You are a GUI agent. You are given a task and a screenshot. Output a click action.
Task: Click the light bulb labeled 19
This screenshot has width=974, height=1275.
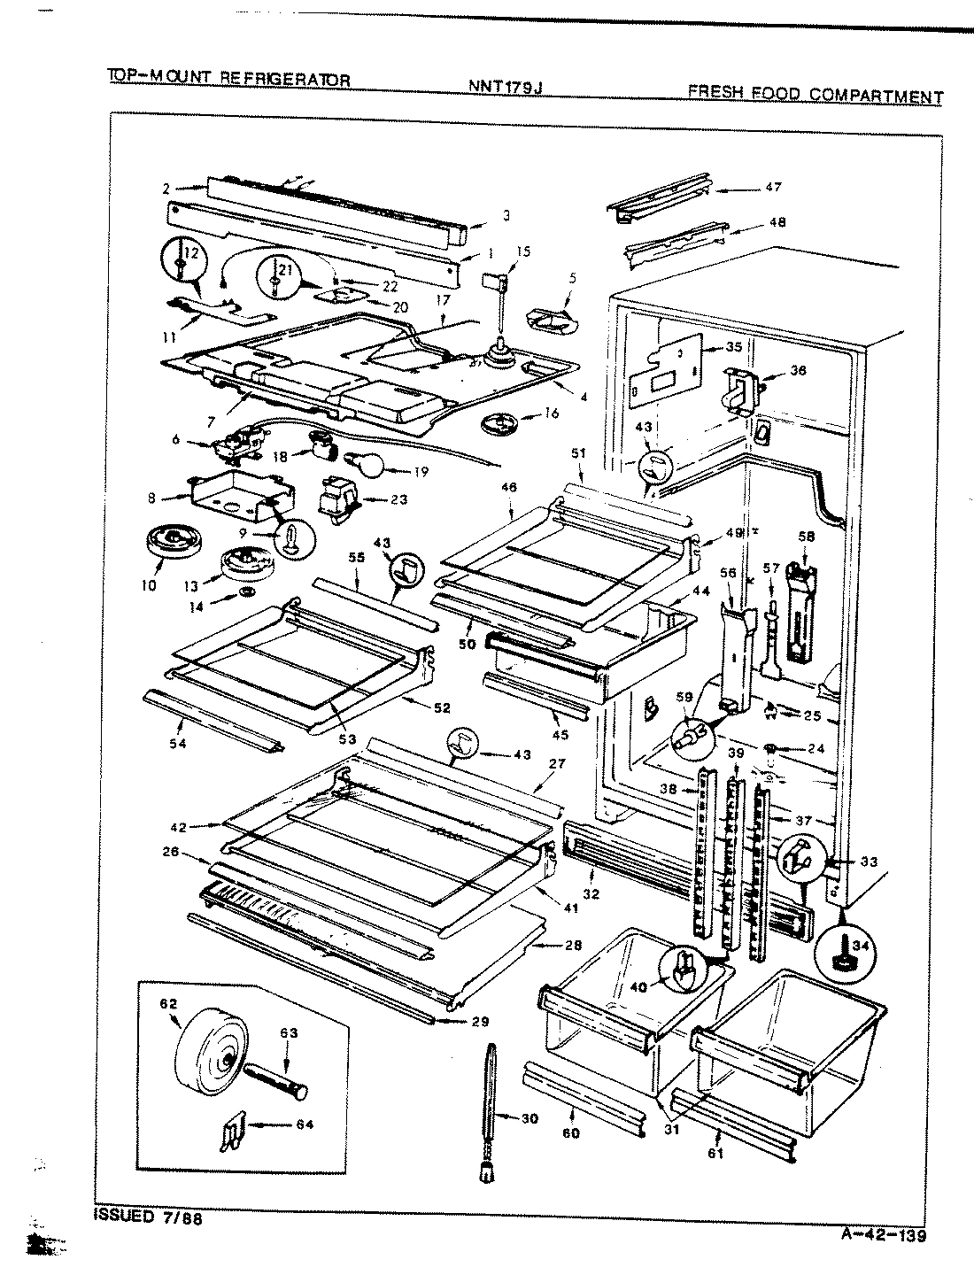click(367, 462)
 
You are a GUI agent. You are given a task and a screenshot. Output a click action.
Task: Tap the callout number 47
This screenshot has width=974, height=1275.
click(773, 187)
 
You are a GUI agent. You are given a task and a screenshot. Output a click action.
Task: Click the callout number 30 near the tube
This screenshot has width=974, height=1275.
click(529, 1119)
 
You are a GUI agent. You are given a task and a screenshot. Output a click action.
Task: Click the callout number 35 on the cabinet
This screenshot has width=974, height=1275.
click(733, 348)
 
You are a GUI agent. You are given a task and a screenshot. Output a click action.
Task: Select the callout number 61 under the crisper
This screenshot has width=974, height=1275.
click(715, 1153)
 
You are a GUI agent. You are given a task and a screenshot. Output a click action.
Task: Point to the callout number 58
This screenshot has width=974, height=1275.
click(805, 537)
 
